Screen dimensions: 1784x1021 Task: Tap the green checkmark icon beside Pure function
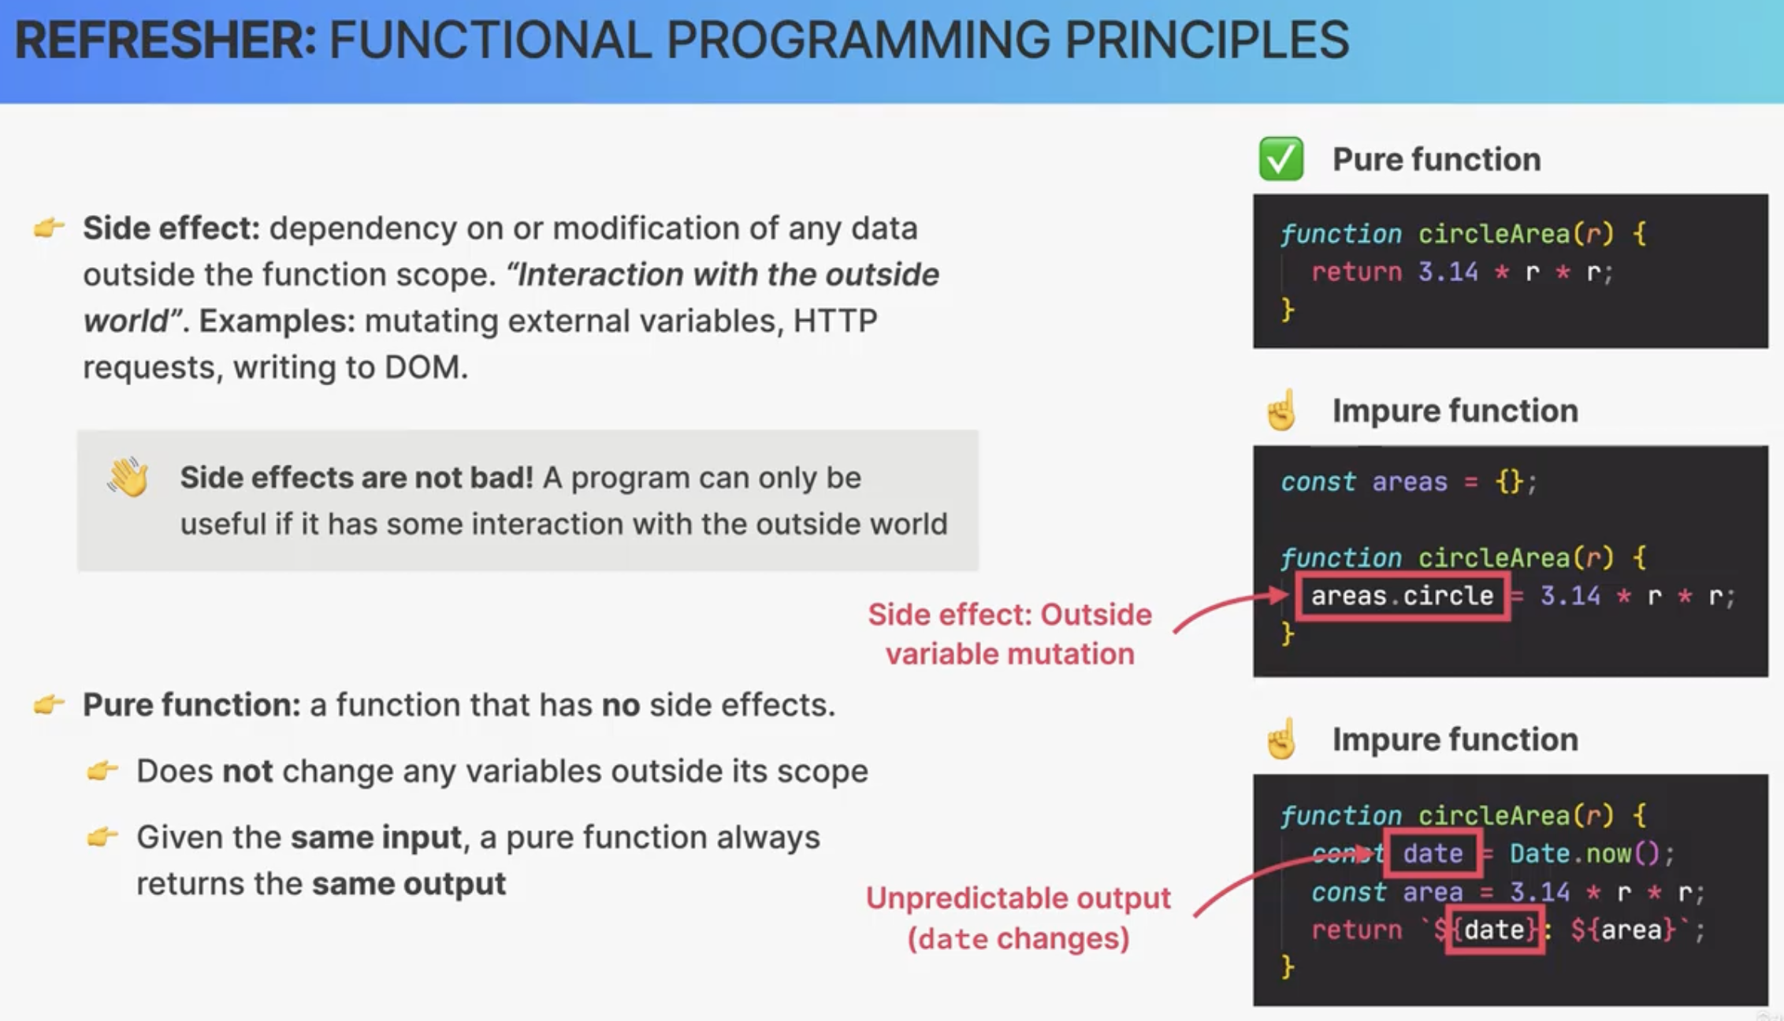[x=1281, y=159]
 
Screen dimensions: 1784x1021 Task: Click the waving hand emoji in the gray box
[x=128, y=477]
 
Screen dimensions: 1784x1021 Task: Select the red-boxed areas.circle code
[x=1402, y=596]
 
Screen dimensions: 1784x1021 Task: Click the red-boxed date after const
[x=1433, y=853]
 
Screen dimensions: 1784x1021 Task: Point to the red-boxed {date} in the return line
[x=1495, y=930]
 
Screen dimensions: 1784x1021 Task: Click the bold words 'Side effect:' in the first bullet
[x=171, y=228]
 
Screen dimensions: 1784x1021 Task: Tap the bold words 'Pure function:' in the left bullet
[x=191, y=704]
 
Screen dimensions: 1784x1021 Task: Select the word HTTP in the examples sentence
[x=835, y=321]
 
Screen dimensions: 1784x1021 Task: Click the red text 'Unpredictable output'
[x=1018, y=898]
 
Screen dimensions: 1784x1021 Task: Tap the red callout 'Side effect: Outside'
[x=1009, y=614]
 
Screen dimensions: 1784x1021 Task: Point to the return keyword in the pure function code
[x=1356, y=272]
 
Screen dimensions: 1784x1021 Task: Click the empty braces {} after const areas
[x=1510, y=481]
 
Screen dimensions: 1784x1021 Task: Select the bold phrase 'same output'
[x=408, y=883]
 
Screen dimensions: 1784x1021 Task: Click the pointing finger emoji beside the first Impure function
[x=1281, y=410]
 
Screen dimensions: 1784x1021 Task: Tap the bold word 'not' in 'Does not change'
[x=247, y=770]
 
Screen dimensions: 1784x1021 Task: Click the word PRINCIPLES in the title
[x=1206, y=40]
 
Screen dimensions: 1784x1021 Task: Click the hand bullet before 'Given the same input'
[x=102, y=836]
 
